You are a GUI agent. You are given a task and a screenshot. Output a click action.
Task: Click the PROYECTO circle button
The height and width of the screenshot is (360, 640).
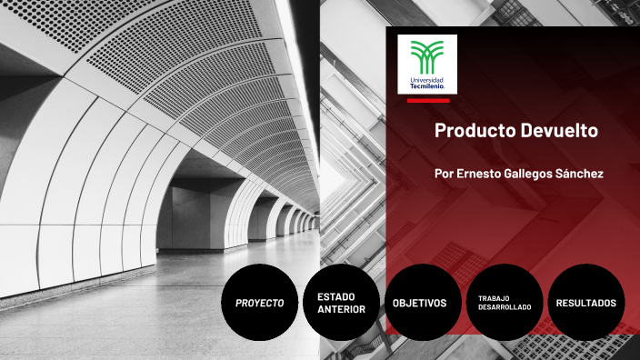point(260,303)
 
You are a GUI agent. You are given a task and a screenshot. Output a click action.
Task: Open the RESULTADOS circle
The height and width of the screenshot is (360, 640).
point(585,303)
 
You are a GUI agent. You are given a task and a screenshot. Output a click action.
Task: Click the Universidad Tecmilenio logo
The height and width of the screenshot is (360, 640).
point(427,64)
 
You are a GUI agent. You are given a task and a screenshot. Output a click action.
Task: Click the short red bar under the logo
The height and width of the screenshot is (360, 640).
point(427,101)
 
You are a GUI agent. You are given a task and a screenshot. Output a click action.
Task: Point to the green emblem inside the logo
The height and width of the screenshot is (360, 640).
point(427,57)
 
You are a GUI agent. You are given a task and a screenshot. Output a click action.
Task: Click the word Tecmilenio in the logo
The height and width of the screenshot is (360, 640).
point(428,85)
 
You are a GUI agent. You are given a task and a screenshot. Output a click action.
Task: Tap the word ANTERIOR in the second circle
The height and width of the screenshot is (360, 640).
point(342,309)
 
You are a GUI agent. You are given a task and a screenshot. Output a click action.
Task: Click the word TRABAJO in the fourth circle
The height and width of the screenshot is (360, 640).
point(495,297)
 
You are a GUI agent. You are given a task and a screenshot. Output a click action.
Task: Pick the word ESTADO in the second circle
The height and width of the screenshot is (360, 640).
point(335,296)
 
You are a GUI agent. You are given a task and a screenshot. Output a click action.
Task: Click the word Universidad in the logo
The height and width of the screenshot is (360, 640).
point(427,79)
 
